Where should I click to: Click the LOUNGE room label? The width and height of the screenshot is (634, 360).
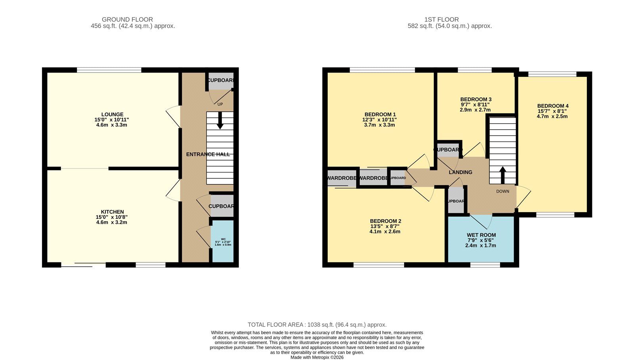tap(112, 115)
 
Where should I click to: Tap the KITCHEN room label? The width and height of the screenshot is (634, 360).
tap(112, 212)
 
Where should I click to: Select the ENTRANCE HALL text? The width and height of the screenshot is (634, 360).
tap(208, 154)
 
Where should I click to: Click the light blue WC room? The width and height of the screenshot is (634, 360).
tap(223, 242)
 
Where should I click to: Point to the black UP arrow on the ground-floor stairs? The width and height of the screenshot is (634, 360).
tap(220, 121)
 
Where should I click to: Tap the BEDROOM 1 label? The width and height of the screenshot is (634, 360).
tap(379, 115)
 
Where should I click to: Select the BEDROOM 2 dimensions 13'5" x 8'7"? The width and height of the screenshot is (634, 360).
tap(385, 226)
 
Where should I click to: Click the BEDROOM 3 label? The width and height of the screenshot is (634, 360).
tap(475, 100)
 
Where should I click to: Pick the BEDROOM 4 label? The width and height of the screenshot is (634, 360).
tap(552, 106)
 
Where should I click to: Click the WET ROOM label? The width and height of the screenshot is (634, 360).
tap(481, 235)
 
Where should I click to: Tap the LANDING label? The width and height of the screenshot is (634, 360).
tap(460, 172)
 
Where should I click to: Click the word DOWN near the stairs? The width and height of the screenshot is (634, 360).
tap(502, 191)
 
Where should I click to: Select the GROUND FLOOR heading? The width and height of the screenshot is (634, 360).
tap(127, 19)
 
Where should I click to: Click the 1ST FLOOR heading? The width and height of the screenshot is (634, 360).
tap(441, 19)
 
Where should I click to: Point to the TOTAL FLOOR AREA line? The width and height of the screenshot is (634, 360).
tap(317, 325)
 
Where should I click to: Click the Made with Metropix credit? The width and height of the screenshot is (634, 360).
tap(317, 357)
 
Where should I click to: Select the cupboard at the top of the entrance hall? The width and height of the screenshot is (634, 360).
tap(220, 80)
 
